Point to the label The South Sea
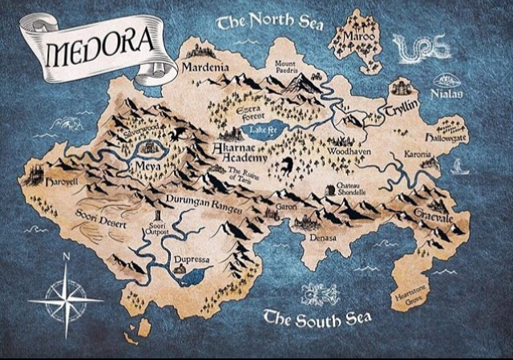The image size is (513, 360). tap(317, 319)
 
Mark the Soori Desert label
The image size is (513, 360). tap(100, 220)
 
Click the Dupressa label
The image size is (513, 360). tap(192, 261)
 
